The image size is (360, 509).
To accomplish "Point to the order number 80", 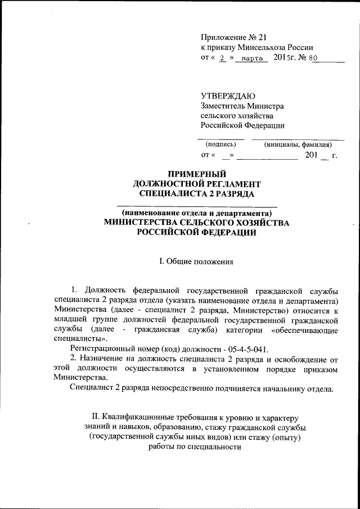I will coord(313,58).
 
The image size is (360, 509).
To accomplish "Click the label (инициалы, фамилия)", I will coord(298,144).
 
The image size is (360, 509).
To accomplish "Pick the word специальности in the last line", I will coord(217,447).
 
